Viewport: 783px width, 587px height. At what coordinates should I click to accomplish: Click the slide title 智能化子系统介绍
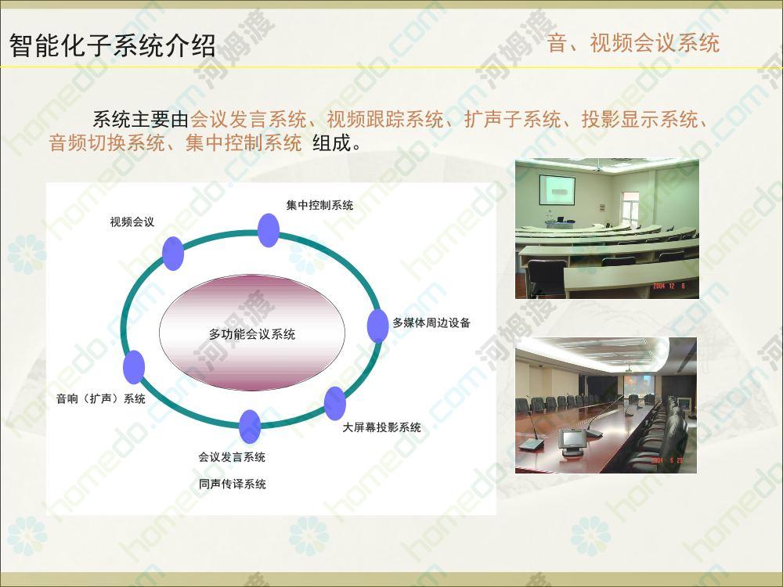pyautogui.click(x=112, y=46)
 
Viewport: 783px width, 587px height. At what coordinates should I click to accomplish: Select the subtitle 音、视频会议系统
pyautogui.click(x=633, y=43)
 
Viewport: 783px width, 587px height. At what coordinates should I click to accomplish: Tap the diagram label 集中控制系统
pyautogui.click(x=319, y=205)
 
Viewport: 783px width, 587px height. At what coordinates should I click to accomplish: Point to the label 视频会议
pyautogui.click(x=132, y=221)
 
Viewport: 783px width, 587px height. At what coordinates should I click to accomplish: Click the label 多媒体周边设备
pyautogui.click(x=431, y=323)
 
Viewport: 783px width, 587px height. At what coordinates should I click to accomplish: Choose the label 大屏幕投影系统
pyautogui.click(x=381, y=427)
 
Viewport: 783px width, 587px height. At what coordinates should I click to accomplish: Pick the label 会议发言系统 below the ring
pyautogui.click(x=232, y=457)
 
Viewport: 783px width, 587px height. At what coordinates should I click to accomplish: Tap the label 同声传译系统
pyautogui.click(x=233, y=484)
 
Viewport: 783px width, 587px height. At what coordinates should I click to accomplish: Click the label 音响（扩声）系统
pyautogui.click(x=101, y=399)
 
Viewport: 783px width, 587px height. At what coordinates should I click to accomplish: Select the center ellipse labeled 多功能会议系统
pyautogui.click(x=252, y=333)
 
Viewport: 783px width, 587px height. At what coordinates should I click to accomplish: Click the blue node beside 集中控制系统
pyautogui.click(x=268, y=230)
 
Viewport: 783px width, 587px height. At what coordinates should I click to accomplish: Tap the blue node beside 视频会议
pyautogui.click(x=173, y=254)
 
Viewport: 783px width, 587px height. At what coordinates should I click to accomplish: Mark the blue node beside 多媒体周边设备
pyautogui.click(x=377, y=326)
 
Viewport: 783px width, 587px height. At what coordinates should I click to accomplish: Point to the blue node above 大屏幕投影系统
pyautogui.click(x=334, y=403)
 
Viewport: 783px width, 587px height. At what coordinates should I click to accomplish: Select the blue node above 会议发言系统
pyautogui.click(x=250, y=427)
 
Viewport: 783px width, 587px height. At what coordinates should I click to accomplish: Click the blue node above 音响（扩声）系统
pyautogui.click(x=134, y=367)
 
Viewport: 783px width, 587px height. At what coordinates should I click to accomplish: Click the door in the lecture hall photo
pyautogui.click(x=630, y=209)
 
